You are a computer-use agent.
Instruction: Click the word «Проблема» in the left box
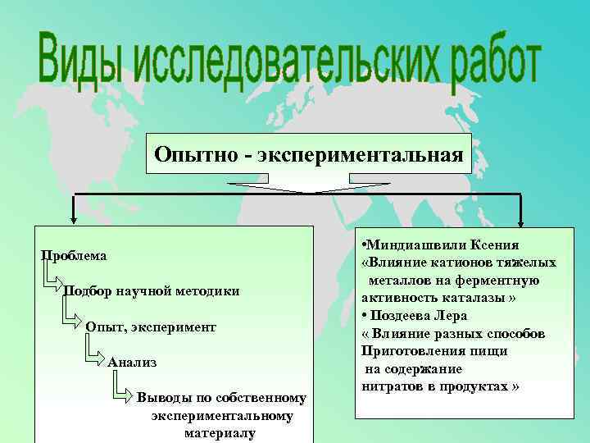(75, 256)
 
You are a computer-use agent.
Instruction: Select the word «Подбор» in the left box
(88, 291)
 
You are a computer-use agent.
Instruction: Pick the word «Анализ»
(132, 362)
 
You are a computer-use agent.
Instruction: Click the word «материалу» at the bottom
(220, 432)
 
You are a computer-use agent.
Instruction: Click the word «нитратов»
(391, 386)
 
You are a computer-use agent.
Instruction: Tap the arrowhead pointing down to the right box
(520, 219)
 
